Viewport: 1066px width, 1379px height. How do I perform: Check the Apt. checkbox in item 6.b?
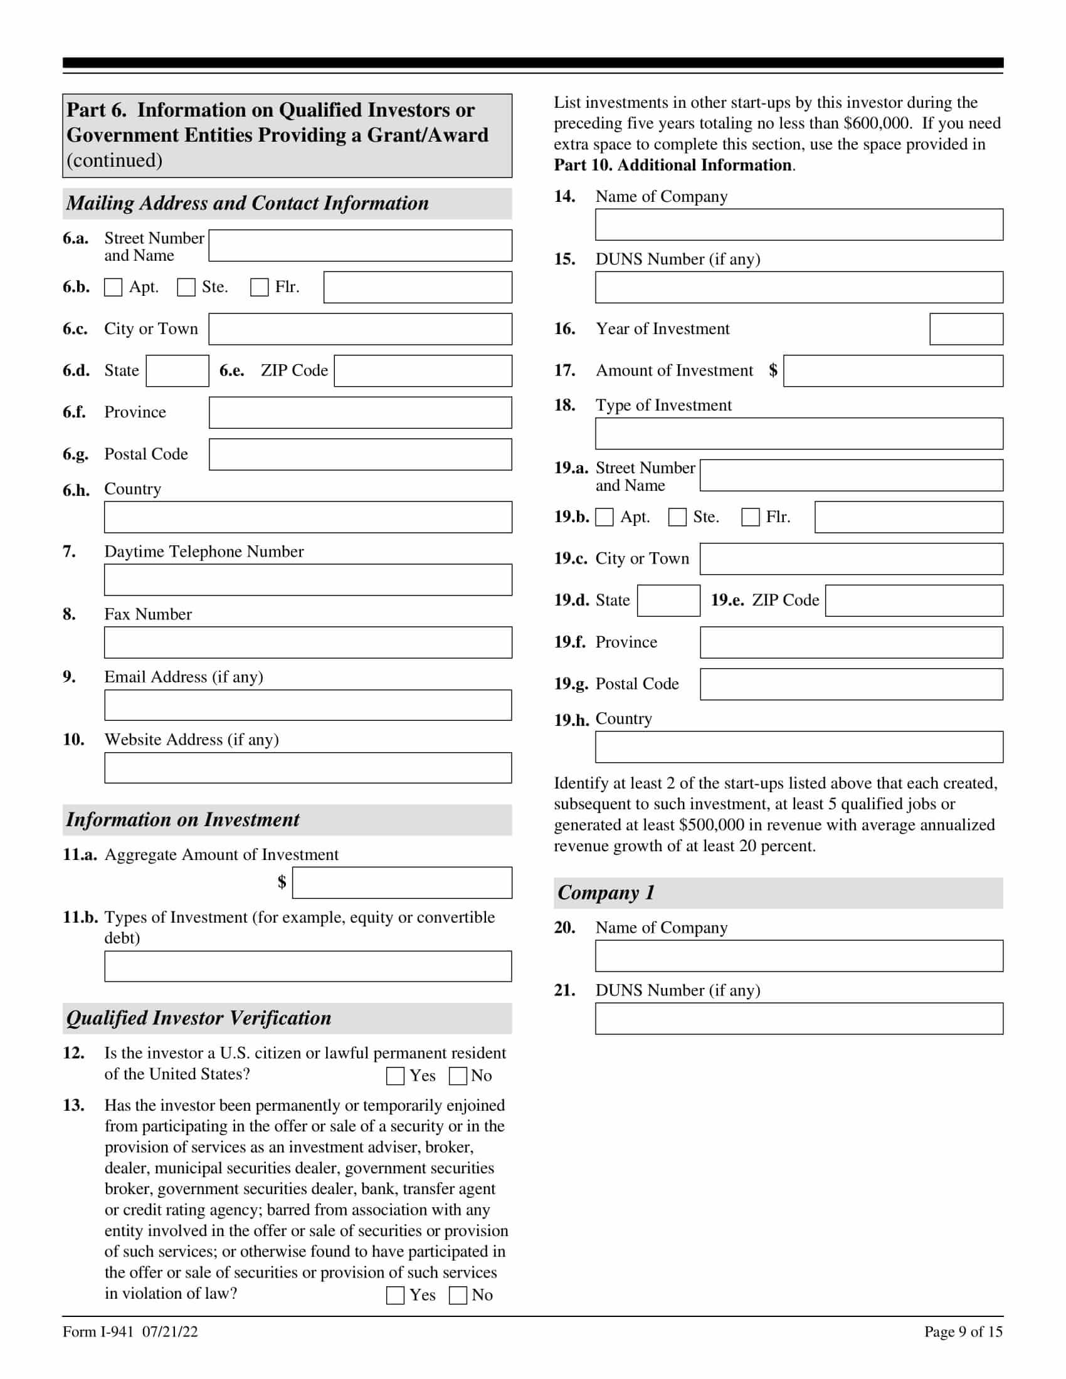pyautogui.click(x=113, y=287)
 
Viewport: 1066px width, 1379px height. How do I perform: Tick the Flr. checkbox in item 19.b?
pyautogui.click(x=750, y=517)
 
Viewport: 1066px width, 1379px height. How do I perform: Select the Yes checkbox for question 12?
pyautogui.click(x=395, y=1076)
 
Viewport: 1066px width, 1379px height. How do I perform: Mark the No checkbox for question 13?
pyautogui.click(x=458, y=1296)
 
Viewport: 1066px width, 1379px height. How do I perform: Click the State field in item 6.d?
pyautogui.click(x=177, y=370)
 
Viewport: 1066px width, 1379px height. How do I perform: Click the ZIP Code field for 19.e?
pyautogui.click(x=914, y=600)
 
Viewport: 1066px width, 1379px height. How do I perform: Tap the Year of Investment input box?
pyautogui.click(x=966, y=329)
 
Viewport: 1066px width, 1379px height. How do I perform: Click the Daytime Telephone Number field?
pyautogui.click(x=308, y=580)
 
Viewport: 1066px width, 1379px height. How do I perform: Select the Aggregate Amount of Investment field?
pyautogui.click(x=402, y=883)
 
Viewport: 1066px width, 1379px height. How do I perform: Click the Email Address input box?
pyautogui.click(x=308, y=705)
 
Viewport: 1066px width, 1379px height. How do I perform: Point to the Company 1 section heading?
pyautogui.click(x=606, y=893)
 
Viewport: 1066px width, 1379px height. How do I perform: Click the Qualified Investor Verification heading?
pyautogui.click(x=199, y=1019)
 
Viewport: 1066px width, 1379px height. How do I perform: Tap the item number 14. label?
pyautogui.click(x=564, y=196)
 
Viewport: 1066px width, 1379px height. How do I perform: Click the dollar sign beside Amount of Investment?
pyautogui.click(x=773, y=370)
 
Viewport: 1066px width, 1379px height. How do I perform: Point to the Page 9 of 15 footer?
pyautogui.click(x=963, y=1332)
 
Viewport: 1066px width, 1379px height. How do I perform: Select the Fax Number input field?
pyautogui.click(x=308, y=642)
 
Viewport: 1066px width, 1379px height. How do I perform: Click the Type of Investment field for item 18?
pyautogui.click(x=799, y=434)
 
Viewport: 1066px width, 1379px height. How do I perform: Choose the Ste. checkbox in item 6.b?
pyautogui.click(x=186, y=287)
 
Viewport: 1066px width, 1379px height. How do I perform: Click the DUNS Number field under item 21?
pyautogui.click(x=799, y=1019)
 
